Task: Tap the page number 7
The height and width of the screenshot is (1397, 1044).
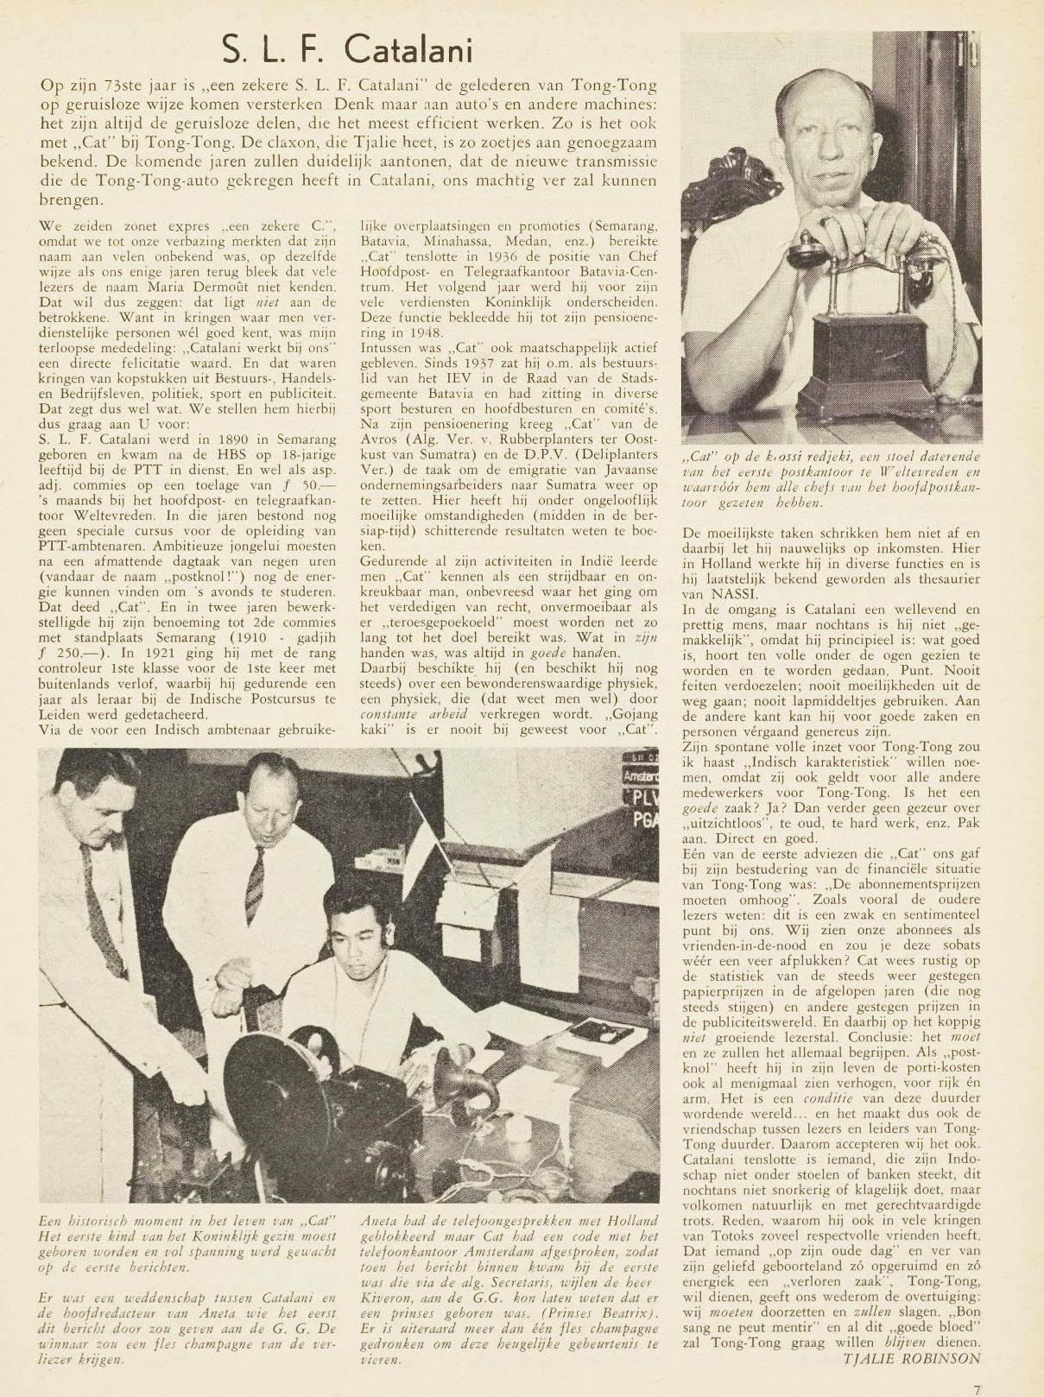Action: click(x=977, y=1389)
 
